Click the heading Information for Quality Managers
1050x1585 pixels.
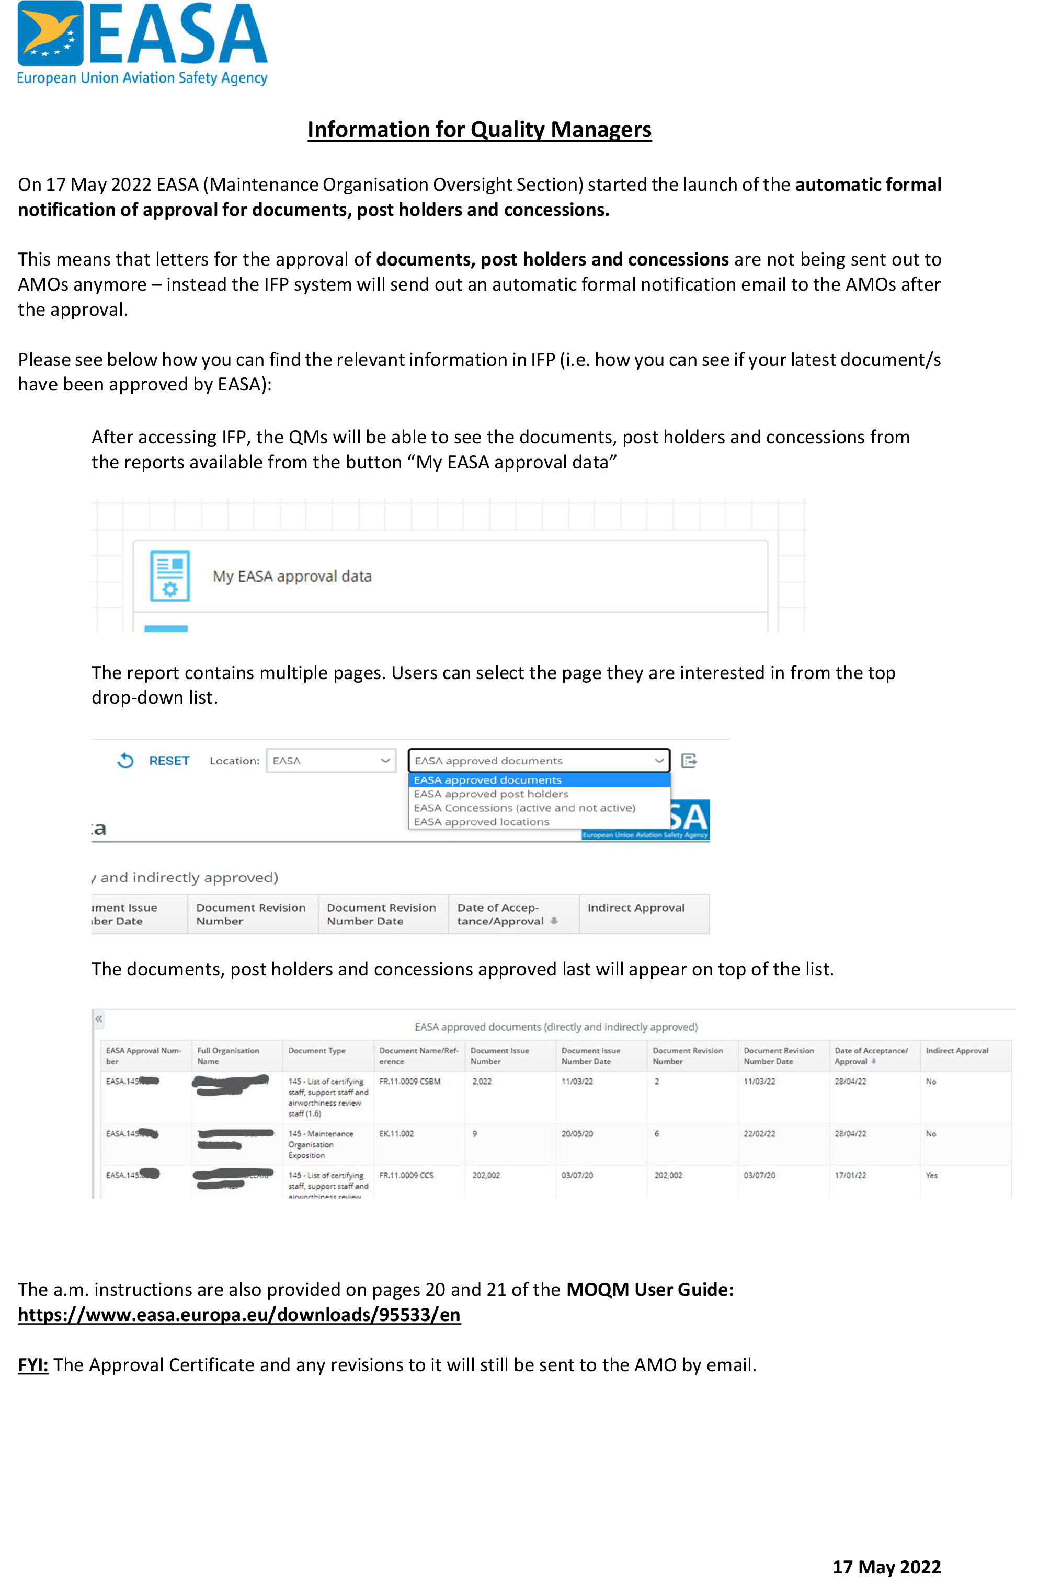pos(479,129)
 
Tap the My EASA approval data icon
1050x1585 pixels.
pos(169,576)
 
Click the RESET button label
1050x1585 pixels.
pos(169,761)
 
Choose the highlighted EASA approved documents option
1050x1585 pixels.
pos(487,780)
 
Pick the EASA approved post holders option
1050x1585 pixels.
pos(491,794)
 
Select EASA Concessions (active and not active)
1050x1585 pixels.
pos(524,808)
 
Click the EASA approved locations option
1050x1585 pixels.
pos(482,822)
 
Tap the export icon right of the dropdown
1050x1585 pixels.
pos(688,761)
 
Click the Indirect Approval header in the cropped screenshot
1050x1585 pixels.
pos(636,908)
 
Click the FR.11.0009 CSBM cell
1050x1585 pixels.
pos(410,1082)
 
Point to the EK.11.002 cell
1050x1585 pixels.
pos(396,1134)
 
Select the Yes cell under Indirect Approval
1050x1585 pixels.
pos(931,1175)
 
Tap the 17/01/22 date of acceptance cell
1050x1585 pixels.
pos(850,1175)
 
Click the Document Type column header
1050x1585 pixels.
pos(317,1051)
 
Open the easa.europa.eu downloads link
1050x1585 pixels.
pos(239,1315)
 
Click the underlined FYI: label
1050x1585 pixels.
pos(33,1365)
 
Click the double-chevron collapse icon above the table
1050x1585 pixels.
pos(98,1019)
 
